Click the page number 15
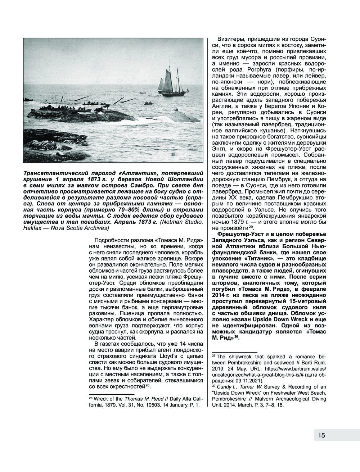point(321,436)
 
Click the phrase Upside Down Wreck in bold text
point(275,319)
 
